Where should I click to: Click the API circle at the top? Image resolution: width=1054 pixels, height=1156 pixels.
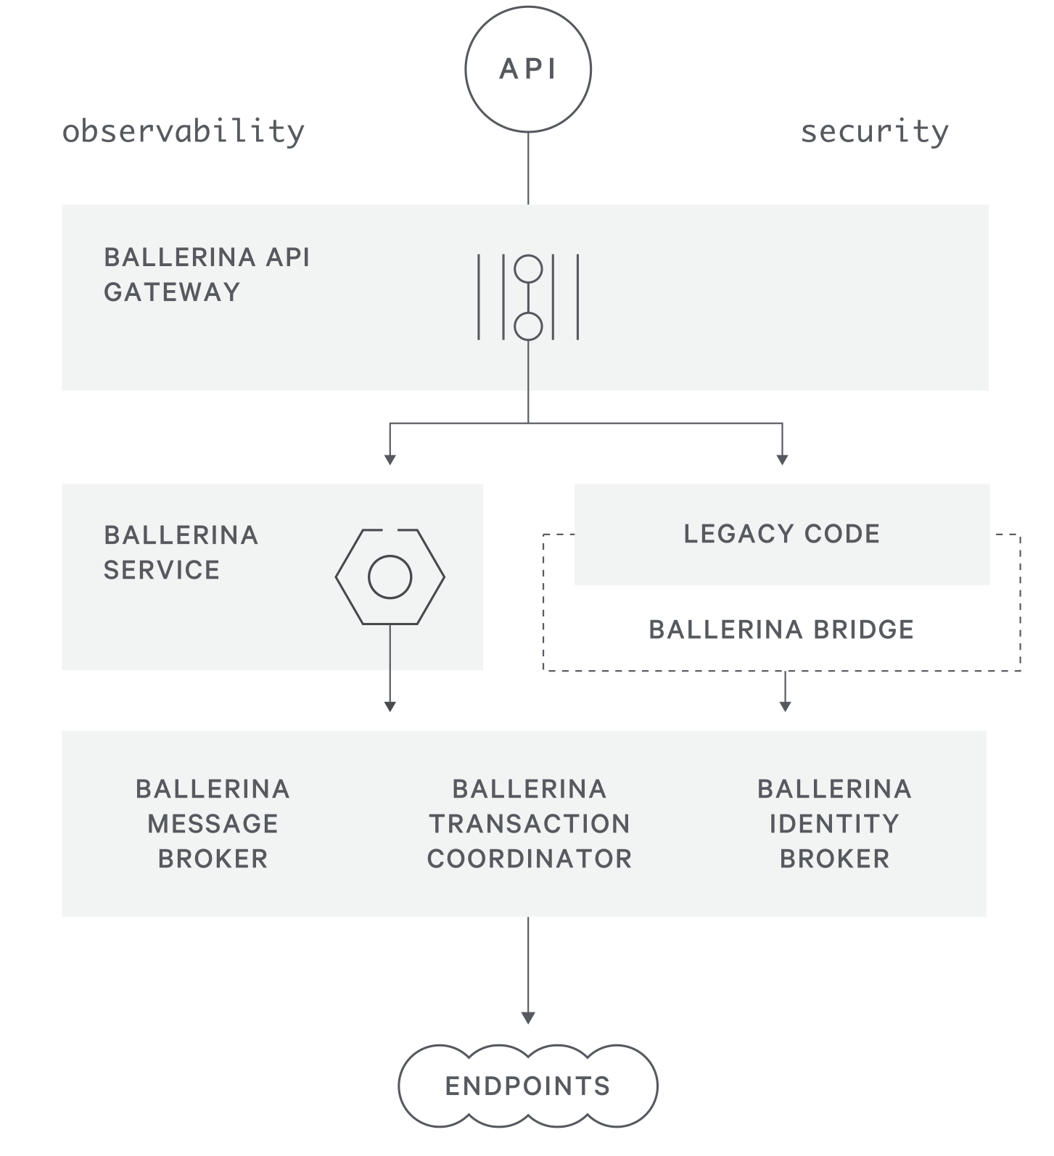point(528,69)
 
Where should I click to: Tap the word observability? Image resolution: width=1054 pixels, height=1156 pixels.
point(184,132)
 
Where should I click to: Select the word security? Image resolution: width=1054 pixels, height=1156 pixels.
point(874,132)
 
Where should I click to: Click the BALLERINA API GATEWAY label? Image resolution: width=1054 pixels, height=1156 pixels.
point(207,274)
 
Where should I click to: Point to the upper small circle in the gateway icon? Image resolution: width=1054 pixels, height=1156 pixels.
point(528,269)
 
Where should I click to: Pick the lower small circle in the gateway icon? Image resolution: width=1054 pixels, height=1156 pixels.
point(528,326)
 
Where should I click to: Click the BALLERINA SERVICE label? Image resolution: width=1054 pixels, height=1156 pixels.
point(181,553)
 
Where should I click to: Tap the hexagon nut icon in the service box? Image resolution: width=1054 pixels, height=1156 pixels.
point(390,577)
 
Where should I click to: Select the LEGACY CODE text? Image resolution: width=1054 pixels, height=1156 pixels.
point(781,534)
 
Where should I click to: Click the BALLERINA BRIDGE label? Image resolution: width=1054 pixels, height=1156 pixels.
point(781,629)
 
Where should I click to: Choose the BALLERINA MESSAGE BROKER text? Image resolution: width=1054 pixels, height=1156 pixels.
point(213,824)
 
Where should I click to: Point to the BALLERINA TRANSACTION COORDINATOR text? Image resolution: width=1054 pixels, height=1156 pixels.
point(529,824)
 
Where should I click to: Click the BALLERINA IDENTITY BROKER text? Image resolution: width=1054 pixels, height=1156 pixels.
point(834,824)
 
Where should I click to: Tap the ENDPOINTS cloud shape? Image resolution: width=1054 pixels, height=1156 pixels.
point(528,1086)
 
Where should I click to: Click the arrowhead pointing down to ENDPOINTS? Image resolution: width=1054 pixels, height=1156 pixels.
point(528,1017)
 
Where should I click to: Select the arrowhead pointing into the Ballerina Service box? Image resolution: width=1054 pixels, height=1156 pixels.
point(390,460)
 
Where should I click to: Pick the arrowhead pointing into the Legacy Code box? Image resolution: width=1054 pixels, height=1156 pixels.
point(782,460)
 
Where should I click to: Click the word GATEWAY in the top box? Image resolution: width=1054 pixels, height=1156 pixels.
point(172,292)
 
